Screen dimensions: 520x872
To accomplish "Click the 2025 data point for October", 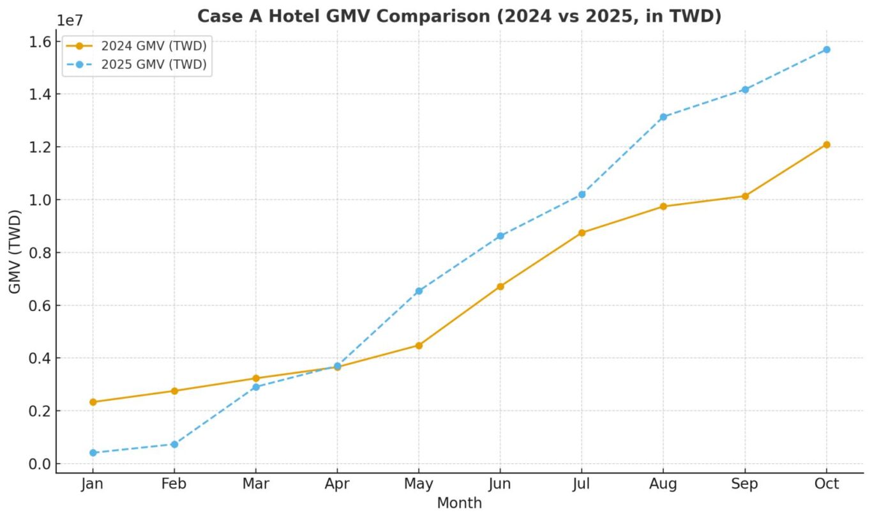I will click(826, 49).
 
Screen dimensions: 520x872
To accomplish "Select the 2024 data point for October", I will click(826, 144).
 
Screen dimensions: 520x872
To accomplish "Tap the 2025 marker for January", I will click(93, 452).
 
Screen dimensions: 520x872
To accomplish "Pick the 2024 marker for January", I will click(93, 402).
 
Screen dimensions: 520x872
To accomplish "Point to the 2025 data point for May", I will click(419, 291).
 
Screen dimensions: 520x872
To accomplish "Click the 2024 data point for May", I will click(419, 345).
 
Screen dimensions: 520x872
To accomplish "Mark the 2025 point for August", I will click(663, 117).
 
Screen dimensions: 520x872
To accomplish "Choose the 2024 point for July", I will click(582, 233).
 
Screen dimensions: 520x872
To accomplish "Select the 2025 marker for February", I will click(174, 444).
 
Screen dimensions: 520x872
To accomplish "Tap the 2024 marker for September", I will click(745, 196).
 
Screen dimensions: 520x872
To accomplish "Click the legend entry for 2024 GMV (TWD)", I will click(153, 45).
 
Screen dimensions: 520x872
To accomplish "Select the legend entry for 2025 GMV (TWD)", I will click(153, 65).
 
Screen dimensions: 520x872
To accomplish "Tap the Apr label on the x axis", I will click(337, 484).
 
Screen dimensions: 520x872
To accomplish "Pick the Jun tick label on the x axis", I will click(500, 484).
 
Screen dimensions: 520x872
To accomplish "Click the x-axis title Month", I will click(459, 503).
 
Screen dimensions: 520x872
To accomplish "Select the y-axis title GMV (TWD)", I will click(15, 252).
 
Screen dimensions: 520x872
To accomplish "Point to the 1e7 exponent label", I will click(70, 20).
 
